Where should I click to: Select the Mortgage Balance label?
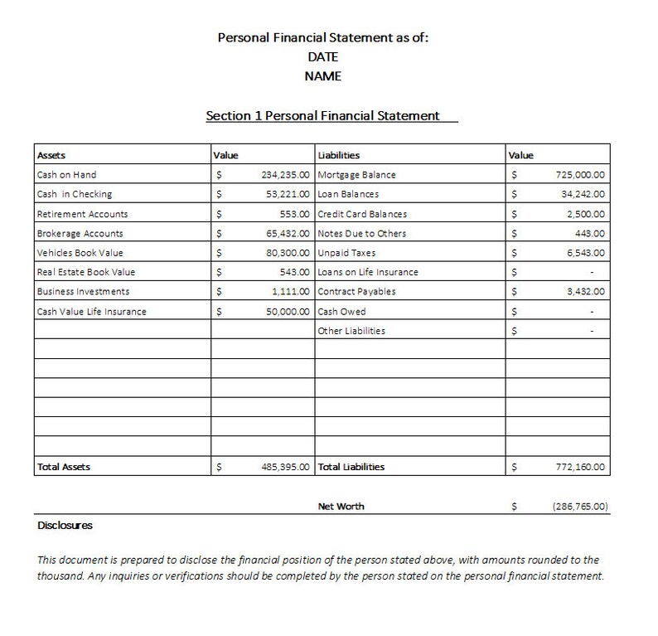click(x=356, y=175)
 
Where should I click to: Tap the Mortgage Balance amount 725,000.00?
click(x=581, y=175)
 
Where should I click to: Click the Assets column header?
click(x=51, y=155)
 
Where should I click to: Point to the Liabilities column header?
click(x=339, y=155)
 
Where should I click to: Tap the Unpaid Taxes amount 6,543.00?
click(x=586, y=253)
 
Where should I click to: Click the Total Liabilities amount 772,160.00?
click(x=581, y=467)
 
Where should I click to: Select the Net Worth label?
click(x=341, y=506)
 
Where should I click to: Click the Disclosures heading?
click(x=65, y=526)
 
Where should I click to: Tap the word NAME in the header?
click(x=323, y=76)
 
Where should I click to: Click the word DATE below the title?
click(x=323, y=56)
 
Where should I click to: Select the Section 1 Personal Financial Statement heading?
click(x=323, y=116)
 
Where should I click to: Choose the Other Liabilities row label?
click(x=351, y=331)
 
